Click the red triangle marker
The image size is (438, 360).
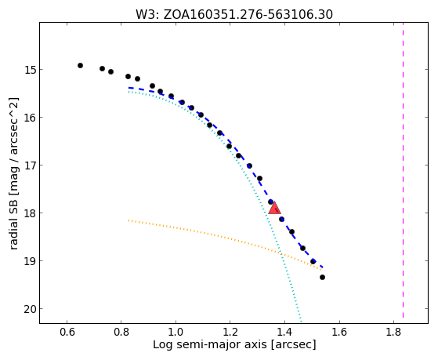pyautogui.click(x=274, y=208)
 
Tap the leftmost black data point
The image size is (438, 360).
pyautogui.click(x=80, y=65)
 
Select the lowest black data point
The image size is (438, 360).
pyautogui.click(x=322, y=277)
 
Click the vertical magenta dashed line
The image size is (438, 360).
pyautogui.click(x=403, y=170)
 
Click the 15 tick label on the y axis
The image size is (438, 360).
pyautogui.click(x=30, y=69)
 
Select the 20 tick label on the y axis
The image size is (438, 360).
pyautogui.click(x=30, y=309)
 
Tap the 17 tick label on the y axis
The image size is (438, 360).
pyautogui.click(x=30, y=165)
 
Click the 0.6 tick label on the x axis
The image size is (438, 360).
pyautogui.click(x=67, y=332)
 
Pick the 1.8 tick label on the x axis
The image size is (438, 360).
pyautogui.click(x=393, y=332)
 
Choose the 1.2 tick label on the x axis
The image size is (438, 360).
pyautogui.click(x=230, y=332)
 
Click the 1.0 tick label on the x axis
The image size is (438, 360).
pyautogui.click(x=176, y=332)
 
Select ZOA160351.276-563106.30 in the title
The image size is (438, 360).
pyautogui.click(x=248, y=14)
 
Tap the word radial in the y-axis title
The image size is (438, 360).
pyautogui.click(x=13, y=235)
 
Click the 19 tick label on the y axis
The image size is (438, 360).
pyautogui.click(x=30, y=260)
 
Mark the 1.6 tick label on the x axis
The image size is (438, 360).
pyautogui.click(x=339, y=332)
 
